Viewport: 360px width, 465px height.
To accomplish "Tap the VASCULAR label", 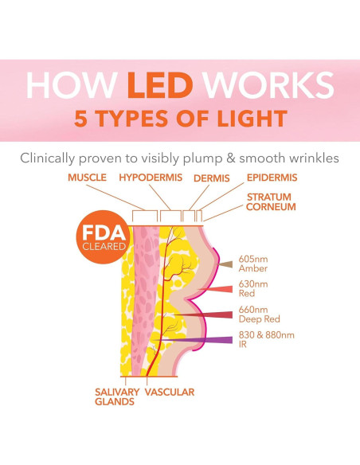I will (x=170, y=392).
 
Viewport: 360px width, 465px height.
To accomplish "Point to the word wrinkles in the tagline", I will (x=311, y=158).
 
